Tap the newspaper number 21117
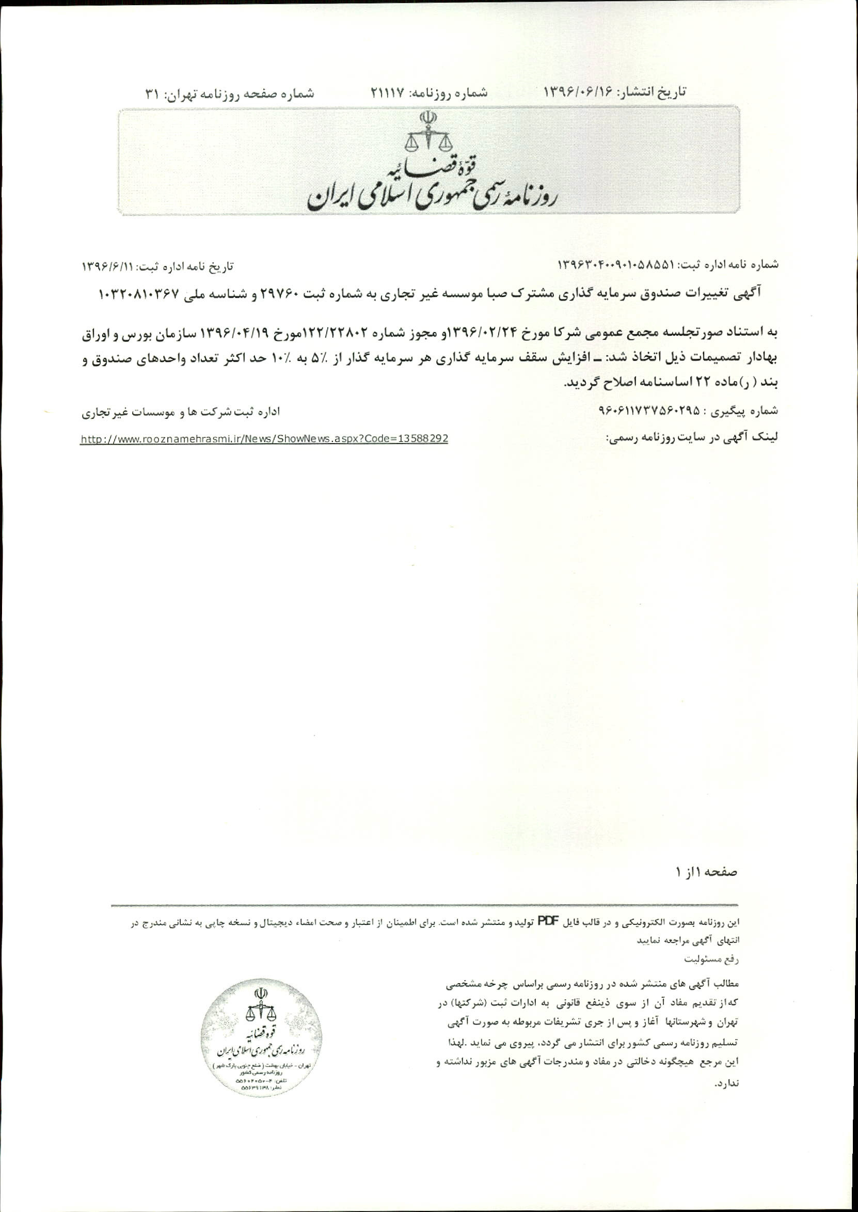point(387,92)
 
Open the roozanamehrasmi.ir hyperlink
point(264,438)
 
